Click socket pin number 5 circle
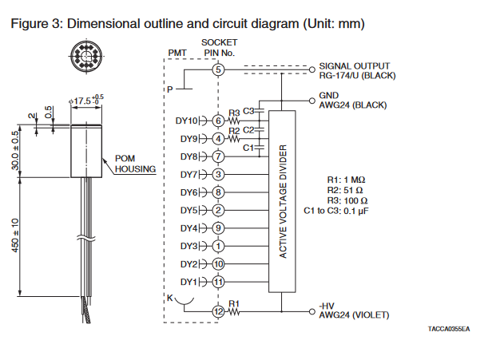218,70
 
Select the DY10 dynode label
186,121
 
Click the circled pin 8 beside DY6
218,192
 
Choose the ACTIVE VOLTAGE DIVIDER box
282,200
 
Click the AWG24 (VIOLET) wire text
354,315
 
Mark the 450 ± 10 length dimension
15,236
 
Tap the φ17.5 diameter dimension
85,101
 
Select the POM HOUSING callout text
129,164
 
